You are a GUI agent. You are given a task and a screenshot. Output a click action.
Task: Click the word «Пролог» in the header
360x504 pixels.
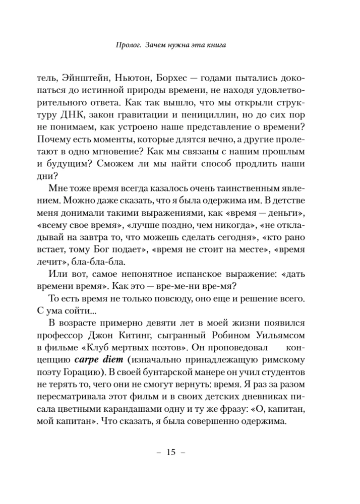(x=127, y=45)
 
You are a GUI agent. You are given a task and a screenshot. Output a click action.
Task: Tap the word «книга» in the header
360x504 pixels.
(x=212, y=45)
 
